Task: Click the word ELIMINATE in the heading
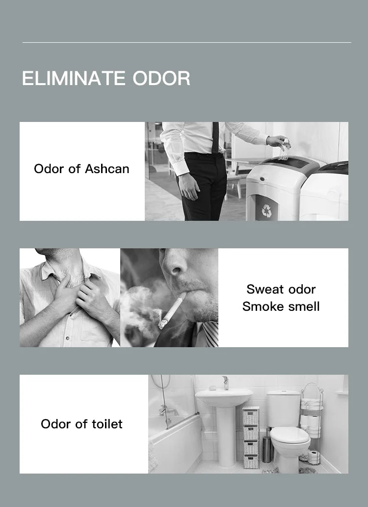click(x=74, y=79)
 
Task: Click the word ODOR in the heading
click(x=161, y=79)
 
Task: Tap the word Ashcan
click(x=107, y=169)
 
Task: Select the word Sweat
click(x=265, y=289)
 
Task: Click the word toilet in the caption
click(x=107, y=424)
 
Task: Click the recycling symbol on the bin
click(x=266, y=210)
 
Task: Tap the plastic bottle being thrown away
click(x=284, y=149)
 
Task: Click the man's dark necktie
click(x=215, y=137)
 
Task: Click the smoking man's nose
click(x=174, y=264)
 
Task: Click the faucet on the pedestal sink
click(x=225, y=382)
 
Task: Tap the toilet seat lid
click(x=289, y=435)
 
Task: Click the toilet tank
click(x=284, y=408)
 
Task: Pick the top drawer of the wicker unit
click(x=251, y=416)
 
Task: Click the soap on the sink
click(x=212, y=388)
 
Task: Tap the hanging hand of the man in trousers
click(x=188, y=187)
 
